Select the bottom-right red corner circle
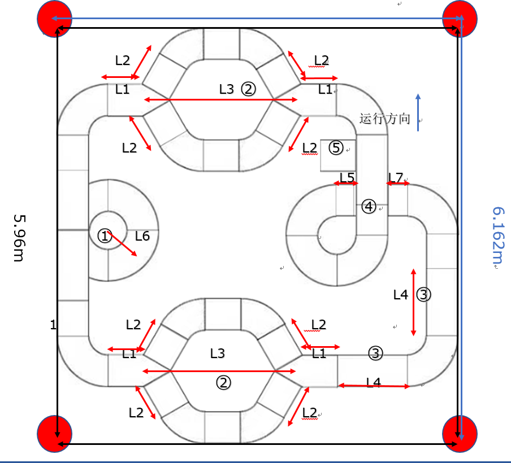[x=459, y=434]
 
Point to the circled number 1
[x=105, y=236]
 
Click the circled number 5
[x=336, y=148]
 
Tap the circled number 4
[x=369, y=207]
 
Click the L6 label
[x=142, y=236]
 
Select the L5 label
[x=347, y=177]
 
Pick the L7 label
[x=396, y=178]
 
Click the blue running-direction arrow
[x=418, y=112]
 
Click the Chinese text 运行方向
[x=384, y=119]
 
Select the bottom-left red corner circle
[x=54, y=434]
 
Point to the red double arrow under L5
[x=346, y=184]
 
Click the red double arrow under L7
[x=399, y=184]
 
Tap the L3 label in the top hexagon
[x=226, y=89]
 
